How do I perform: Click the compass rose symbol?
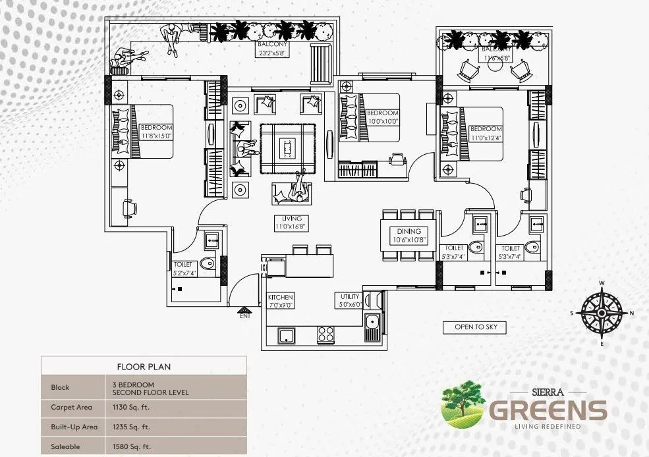tap(602, 313)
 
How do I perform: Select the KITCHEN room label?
tap(280, 297)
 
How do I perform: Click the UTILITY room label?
tap(349, 296)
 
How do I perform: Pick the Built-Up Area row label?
tap(74, 427)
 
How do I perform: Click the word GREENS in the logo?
tap(547, 410)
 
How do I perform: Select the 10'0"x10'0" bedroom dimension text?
tap(383, 121)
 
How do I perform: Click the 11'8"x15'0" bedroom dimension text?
tap(156, 136)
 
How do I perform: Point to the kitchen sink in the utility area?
tap(372, 324)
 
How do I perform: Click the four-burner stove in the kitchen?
tap(326, 335)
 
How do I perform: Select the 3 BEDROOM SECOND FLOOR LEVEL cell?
tap(150, 388)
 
